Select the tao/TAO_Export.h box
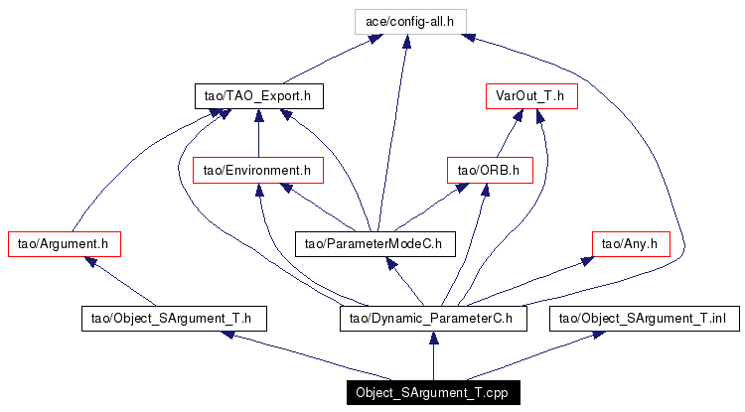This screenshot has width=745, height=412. coord(258,96)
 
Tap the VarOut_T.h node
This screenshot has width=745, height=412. coord(530,96)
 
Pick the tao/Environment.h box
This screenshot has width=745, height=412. coord(257,170)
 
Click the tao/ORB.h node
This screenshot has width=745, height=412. coord(490,170)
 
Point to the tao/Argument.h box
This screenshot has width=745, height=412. coord(64,242)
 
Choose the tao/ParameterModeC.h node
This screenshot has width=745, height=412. coord(373,242)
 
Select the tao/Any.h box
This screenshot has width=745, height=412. coord(632,242)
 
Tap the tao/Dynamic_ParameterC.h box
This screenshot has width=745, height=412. coord(432,319)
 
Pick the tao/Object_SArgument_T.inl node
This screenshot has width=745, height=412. coord(646,319)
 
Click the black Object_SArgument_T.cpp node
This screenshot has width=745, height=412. coord(432,392)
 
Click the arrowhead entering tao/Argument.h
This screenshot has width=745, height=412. coord(90,261)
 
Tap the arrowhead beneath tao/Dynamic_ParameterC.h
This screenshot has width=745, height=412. coord(432,340)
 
